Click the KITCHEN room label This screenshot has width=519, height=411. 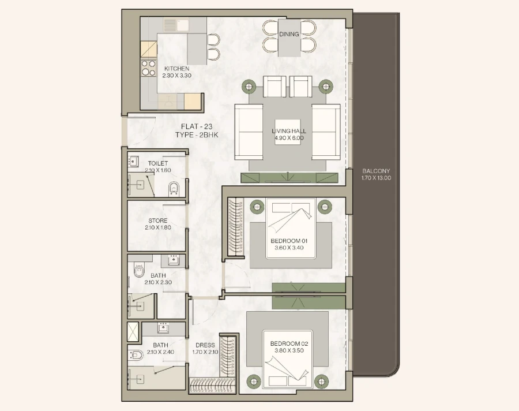[x=176, y=69]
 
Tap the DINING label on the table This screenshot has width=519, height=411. [x=289, y=34]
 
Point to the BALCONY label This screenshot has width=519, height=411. [x=376, y=171]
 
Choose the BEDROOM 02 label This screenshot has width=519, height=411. [x=289, y=344]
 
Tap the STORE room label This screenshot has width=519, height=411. [x=157, y=221]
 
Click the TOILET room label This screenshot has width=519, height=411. [x=157, y=163]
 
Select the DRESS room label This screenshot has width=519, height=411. [x=205, y=345]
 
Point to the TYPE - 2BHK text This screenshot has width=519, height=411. [x=197, y=134]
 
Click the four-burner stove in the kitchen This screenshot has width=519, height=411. [x=148, y=68]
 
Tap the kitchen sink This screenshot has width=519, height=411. [x=171, y=25]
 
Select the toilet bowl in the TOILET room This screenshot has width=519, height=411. [x=174, y=188]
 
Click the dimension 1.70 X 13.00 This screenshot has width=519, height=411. [x=376, y=178]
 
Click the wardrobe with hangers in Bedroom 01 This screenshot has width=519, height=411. [x=236, y=227]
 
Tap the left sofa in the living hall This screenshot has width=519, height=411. [x=249, y=132]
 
